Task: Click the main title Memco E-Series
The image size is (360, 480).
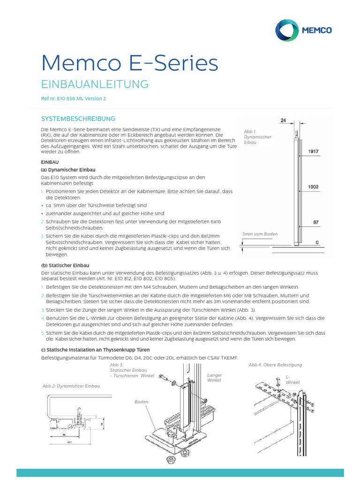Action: coord(130,63)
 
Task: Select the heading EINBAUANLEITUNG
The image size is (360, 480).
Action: coord(95,84)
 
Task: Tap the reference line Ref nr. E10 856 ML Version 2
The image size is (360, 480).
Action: coord(74,99)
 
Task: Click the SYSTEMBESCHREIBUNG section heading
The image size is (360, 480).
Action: coord(78,119)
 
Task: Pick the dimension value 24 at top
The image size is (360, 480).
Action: coord(283,120)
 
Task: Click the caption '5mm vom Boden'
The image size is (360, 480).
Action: coord(260,234)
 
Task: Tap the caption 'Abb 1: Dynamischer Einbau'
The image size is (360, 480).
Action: coord(255,137)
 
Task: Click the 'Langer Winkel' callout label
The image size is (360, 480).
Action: coord(214,378)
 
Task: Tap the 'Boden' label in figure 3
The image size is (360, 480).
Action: coord(141,402)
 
